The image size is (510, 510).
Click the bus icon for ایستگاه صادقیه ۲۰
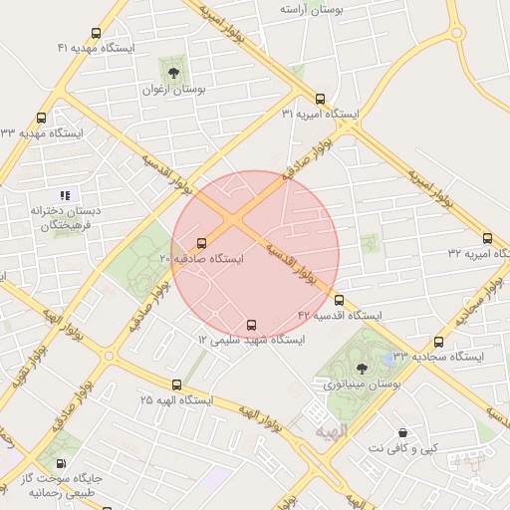[x=202, y=243]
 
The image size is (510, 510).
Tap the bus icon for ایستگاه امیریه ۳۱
[x=320, y=99]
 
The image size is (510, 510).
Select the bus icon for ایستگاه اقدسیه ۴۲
[x=339, y=300]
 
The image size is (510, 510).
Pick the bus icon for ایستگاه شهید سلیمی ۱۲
[x=250, y=325]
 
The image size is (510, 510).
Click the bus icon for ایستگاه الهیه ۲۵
[x=176, y=384]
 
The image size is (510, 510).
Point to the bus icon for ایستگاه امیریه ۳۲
[x=487, y=238]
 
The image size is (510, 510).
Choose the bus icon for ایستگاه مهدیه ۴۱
[x=96, y=33]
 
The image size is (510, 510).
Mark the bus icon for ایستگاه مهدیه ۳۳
[x=41, y=118]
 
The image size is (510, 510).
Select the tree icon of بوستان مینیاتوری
[x=361, y=368]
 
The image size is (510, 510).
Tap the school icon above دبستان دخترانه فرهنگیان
[x=65, y=195]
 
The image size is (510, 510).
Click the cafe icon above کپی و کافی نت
[x=402, y=433]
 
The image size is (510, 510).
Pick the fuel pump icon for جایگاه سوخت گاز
[x=62, y=463]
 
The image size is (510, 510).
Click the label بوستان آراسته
[x=312, y=9]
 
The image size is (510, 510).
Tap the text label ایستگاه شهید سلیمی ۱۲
[x=250, y=341]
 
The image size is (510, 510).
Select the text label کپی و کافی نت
[x=402, y=449]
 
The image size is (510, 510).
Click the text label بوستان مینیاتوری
[x=361, y=383]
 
